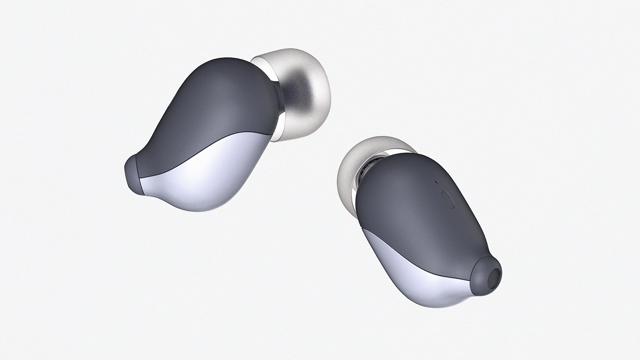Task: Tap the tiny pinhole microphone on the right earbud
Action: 436,181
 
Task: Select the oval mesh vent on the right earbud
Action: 448,199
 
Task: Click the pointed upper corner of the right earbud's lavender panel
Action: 363,228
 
